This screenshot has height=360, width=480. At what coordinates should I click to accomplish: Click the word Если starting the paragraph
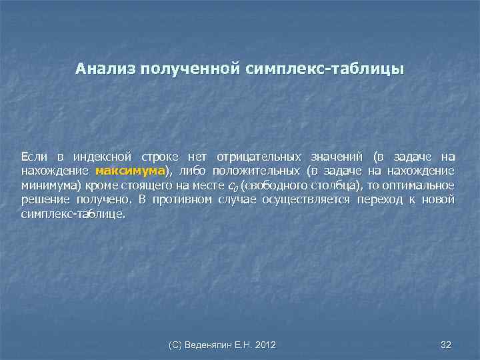tap(34, 157)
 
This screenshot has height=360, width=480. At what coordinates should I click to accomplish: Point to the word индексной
tap(103, 157)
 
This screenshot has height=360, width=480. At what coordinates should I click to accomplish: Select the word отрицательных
tap(257, 157)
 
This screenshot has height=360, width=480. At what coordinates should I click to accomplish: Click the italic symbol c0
tap(233, 186)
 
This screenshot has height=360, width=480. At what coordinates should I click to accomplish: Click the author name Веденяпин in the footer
tap(216, 344)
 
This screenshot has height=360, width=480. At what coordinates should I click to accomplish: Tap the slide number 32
tap(446, 344)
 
